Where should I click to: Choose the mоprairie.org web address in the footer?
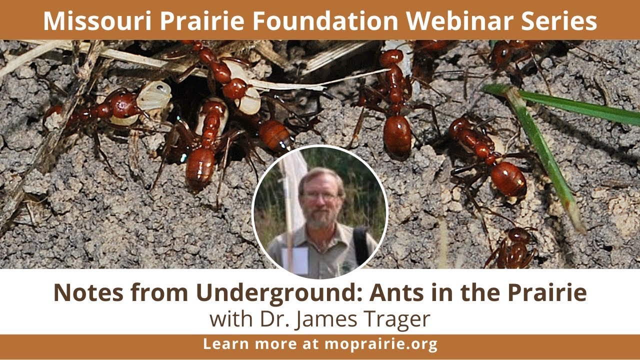click(381, 344)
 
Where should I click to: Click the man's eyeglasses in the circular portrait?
click(319, 196)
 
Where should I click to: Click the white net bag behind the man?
click(293, 180)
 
